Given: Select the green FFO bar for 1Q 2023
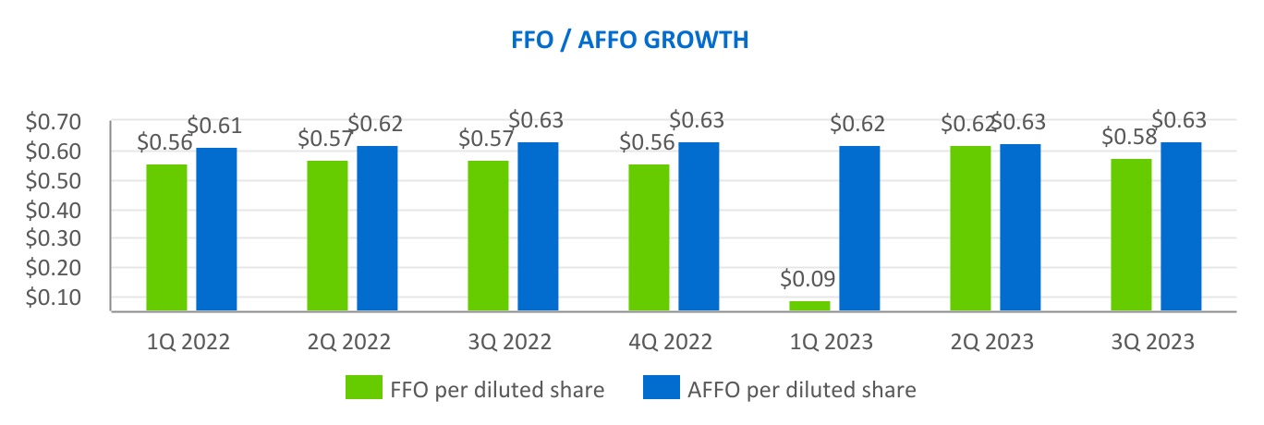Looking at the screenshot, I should (809, 306).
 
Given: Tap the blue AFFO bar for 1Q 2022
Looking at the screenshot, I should (216, 229).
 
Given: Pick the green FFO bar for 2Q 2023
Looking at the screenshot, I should (970, 228).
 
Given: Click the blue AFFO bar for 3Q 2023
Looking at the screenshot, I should (1181, 226).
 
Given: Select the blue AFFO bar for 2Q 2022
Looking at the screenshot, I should (377, 228).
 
